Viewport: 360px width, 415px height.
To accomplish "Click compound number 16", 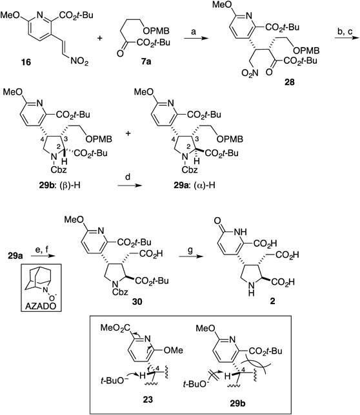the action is click(26, 62).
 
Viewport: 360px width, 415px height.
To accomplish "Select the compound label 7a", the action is click(146, 62).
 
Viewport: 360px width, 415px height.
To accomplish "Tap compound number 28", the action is click(289, 82).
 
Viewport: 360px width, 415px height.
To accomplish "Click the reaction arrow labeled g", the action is click(190, 256).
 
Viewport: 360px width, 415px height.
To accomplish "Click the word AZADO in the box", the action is click(41, 306).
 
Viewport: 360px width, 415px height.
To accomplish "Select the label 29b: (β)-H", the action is click(59, 185).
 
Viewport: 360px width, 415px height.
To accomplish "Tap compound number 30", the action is click(137, 301).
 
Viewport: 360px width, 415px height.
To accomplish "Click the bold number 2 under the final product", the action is click(272, 301).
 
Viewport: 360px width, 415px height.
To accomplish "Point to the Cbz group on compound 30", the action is click(120, 292).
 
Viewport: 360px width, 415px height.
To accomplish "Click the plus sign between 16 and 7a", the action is click(100, 39).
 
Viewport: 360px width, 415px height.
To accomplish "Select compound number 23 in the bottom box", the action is click(148, 399).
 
